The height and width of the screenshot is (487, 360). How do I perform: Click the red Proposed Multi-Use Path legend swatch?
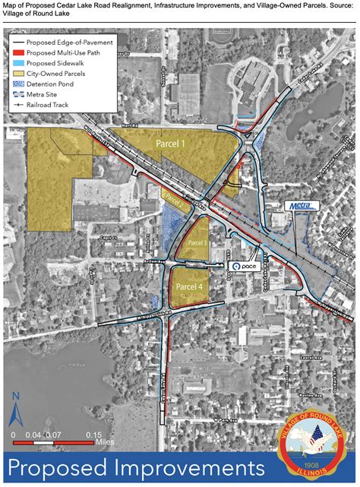(19, 52)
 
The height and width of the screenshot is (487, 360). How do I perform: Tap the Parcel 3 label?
(197, 242)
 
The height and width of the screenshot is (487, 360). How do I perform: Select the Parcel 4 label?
(189, 286)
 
